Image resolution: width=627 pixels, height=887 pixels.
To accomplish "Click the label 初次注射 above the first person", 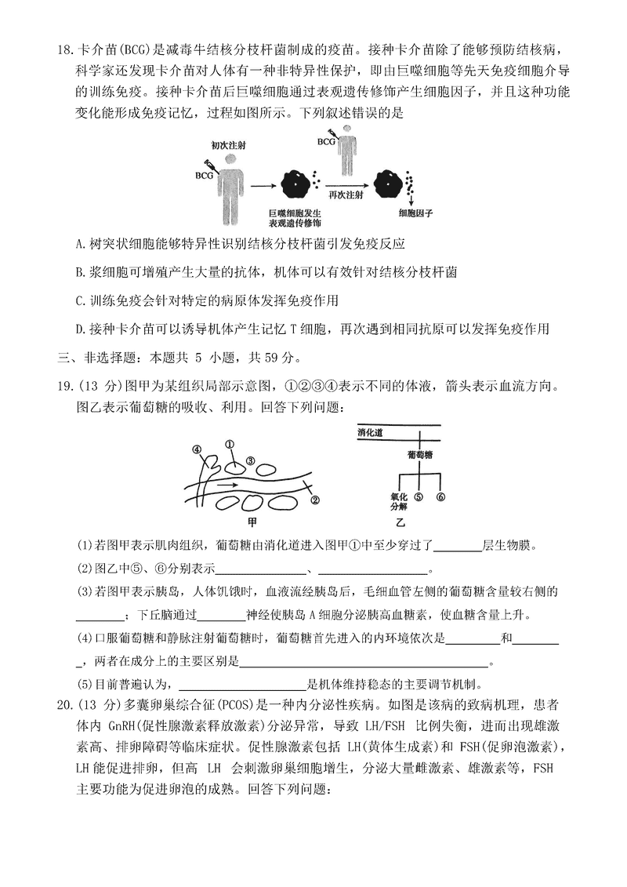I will [228, 145].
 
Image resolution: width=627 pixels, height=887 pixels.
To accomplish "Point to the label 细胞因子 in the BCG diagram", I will [415, 213].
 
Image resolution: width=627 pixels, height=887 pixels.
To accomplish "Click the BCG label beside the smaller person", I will [325, 142].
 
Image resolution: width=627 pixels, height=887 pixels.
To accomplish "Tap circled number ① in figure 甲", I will [230, 444].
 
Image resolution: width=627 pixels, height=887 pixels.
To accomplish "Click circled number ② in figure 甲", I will [315, 500].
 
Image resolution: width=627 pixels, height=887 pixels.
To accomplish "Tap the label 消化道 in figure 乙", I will [370, 432].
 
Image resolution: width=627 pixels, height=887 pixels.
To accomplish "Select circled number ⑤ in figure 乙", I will [419, 497].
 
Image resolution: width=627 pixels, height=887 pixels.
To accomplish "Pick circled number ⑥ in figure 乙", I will [440, 497].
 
